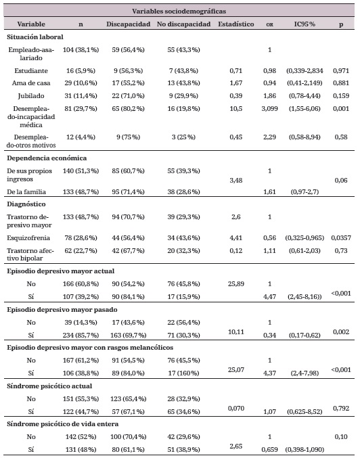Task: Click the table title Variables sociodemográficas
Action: pos(179,11)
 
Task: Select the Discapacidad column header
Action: pos(127,24)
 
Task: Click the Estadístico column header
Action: pos(235,24)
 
